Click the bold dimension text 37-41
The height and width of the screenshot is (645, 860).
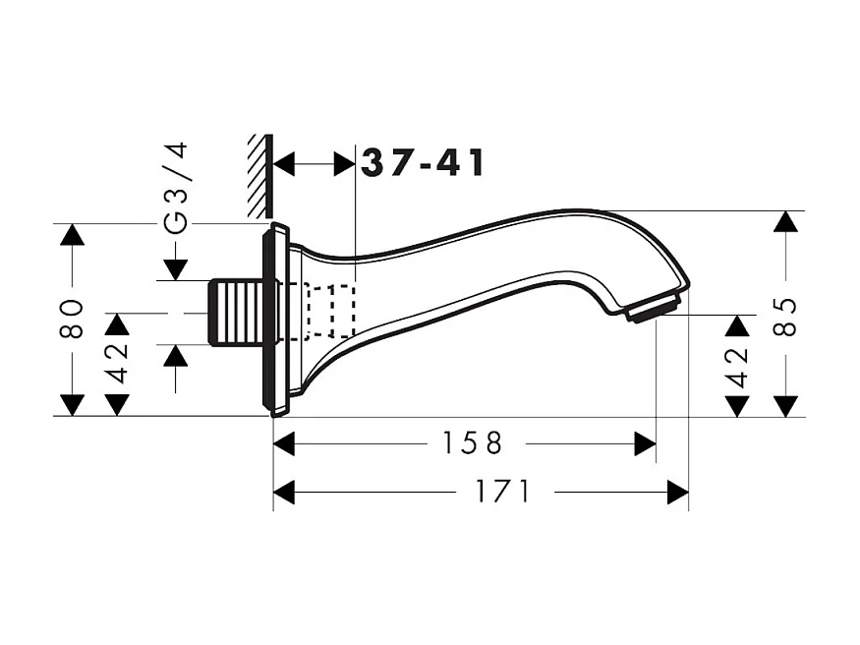[424, 163]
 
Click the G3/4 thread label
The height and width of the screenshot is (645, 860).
[175, 188]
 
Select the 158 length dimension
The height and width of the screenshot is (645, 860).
[466, 444]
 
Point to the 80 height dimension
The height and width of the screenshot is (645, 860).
[71, 319]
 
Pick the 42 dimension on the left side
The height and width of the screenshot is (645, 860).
[117, 362]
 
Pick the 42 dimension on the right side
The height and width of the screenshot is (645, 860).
[737, 365]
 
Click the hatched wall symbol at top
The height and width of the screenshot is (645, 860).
[259, 177]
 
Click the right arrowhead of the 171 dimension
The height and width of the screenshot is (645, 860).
[677, 492]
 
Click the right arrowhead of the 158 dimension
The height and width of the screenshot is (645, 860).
[645, 444]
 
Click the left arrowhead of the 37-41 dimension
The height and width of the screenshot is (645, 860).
[284, 163]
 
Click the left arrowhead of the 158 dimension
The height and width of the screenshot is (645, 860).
[284, 444]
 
